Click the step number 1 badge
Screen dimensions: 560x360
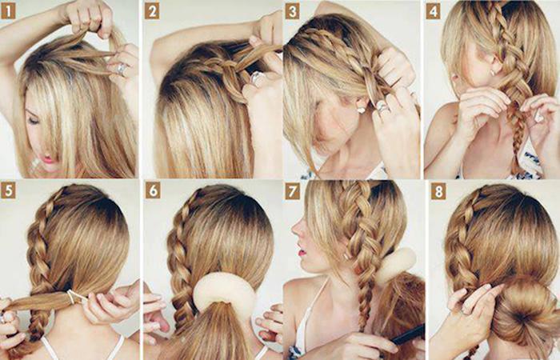coord(8,11)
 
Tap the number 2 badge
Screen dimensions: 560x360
coord(152,11)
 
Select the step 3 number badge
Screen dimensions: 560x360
coord(292,11)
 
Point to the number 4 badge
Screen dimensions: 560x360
coord(434,11)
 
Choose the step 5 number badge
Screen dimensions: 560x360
coord(8,191)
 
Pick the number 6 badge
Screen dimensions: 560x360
coord(153,191)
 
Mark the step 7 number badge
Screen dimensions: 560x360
coord(292,192)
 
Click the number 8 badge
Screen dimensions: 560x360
coord(438,192)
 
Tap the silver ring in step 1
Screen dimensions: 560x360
coord(122,69)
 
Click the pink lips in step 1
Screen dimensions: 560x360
coord(47,159)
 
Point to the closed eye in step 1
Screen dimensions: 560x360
coord(33,121)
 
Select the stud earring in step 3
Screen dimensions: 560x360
coord(361,110)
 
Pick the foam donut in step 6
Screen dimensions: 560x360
coord(224,291)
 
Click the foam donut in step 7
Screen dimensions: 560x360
coord(396,265)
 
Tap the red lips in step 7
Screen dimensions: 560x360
coord(302,252)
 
